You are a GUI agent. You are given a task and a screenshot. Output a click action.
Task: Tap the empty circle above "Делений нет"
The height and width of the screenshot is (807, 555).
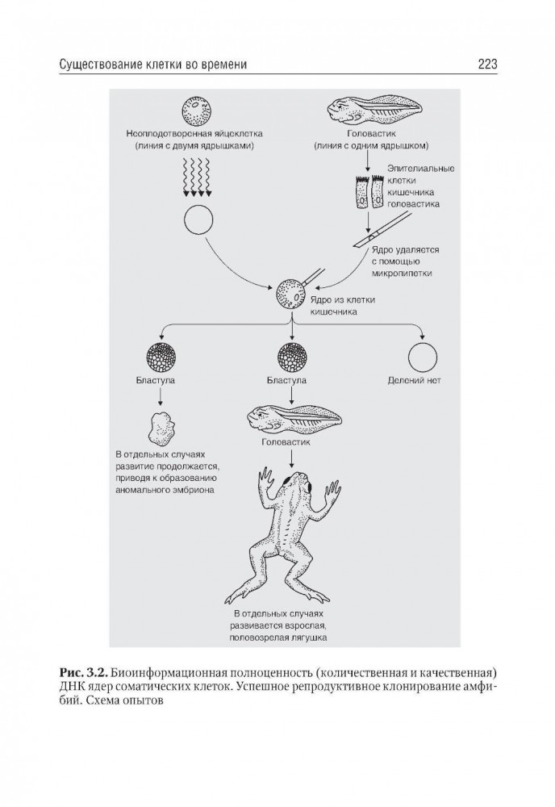[x=422, y=357]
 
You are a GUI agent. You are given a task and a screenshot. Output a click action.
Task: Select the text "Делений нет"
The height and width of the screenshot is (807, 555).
[x=422, y=379]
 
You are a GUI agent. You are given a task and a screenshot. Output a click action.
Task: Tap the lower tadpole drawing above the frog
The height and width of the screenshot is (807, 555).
[x=294, y=418]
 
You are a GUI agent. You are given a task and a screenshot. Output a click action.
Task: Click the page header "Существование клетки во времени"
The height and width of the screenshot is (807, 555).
[x=152, y=64]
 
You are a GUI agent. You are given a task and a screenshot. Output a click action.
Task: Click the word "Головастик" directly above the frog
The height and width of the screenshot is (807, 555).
[x=290, y=443]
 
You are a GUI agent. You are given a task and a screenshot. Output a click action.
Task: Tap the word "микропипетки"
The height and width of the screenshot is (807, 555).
[x=401, y=274]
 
